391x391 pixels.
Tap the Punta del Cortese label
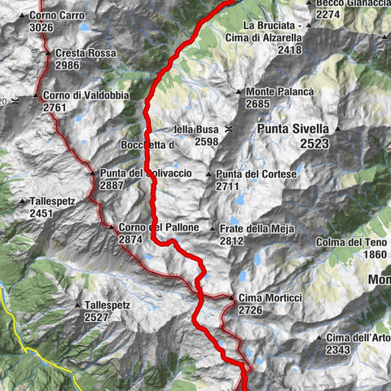coord(257,174)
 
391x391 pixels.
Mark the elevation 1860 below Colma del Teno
coord(375,254)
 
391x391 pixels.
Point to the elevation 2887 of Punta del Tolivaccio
coord(111,186)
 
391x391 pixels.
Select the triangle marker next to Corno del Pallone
coord(112,227)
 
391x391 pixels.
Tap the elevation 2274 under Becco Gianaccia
coord(327,15)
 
